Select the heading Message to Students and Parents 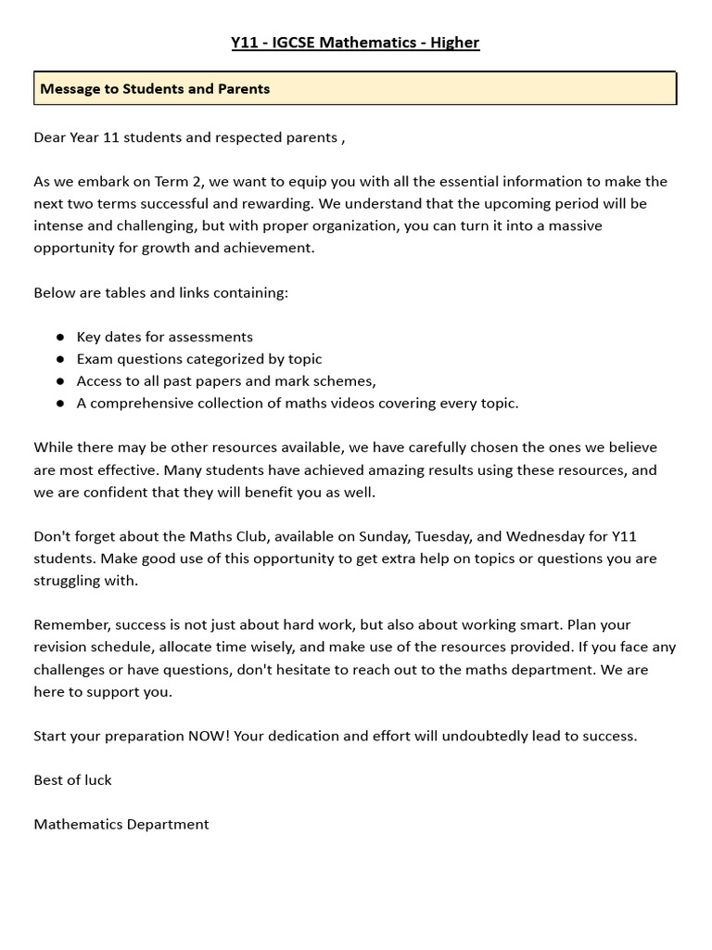tap(155, 89)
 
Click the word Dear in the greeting tap(50, 137)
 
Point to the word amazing tap(372, 470)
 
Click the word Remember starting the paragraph tap(70, 624)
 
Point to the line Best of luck tap(72, 780)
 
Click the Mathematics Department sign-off tap(121, 824)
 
